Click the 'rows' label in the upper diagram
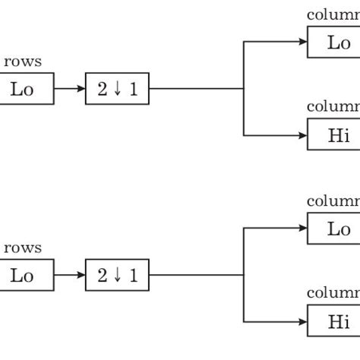pyautogui.click(x=23, y=62)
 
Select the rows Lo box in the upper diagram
pyautogui.click(x=27, y=90)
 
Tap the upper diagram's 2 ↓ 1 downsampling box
pyautogui.click(x=117, y=90)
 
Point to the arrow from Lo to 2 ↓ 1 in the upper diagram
pyautogui.click(x=70, y=90)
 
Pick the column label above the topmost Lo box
pyautogui.click(x=333, y=15)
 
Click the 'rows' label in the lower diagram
pyautogui.click(x=23, y=248)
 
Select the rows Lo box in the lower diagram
pyautogui.click(x=27, y=276)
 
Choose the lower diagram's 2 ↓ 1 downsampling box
pyautogui.click(x=117, y=276)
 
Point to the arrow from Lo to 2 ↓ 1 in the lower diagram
pyautogui.click(x=70, y=276)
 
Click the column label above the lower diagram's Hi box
pyautogui.click(x=333, y=294)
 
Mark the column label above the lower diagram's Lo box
pyautogui.click(x=333, y=201)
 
